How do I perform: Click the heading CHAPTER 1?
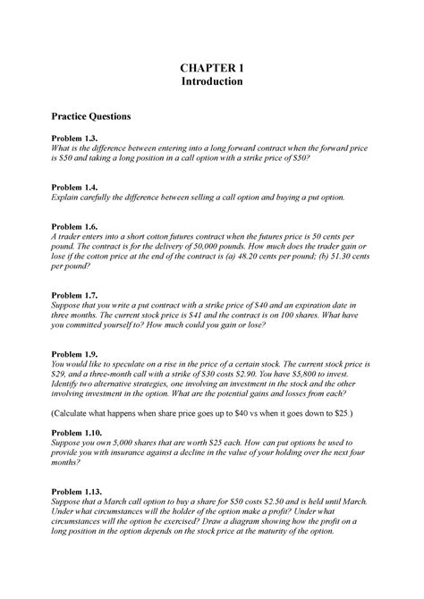pyautogui.click(x=212, y=67)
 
